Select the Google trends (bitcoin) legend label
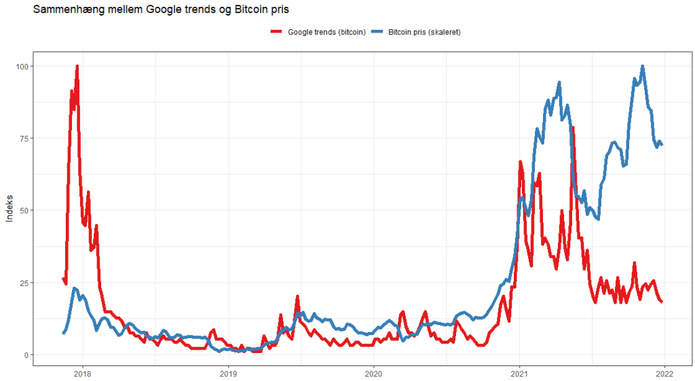326,32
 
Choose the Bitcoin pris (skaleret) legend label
424,32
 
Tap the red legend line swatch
276,32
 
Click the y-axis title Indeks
10,211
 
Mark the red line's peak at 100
77,67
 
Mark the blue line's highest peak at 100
642,67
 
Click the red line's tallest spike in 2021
573,128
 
